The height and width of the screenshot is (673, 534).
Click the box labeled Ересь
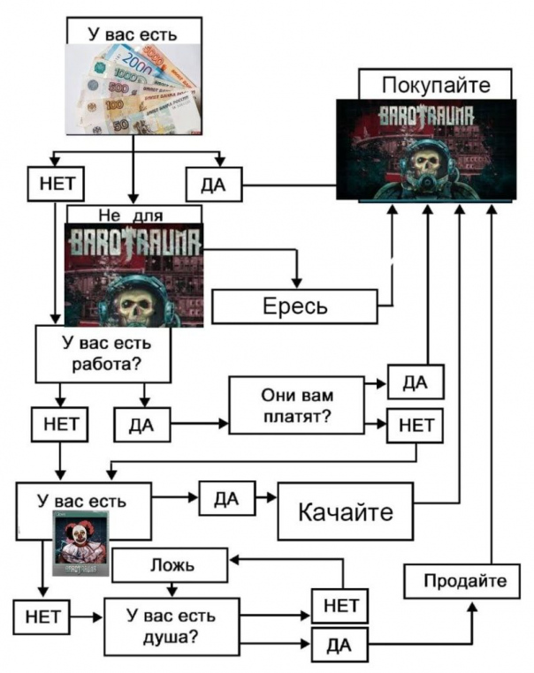pyautogui.click(x=294, y=306)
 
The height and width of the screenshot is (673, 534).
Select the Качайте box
pyautogui.click(x=346, y=510)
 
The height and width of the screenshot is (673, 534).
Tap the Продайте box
pyautogui.click(x=462, y=581)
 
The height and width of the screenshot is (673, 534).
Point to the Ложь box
pyautogui.click(x=170, y=565)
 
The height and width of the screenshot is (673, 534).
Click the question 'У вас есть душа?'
pyautogui.click(x=172, y=627)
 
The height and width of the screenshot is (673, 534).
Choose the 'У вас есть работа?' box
pyautogui.click(x=103, y=353)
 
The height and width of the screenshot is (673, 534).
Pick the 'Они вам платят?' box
pyautogui.click(x=296, y=405)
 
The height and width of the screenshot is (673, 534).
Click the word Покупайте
pyautogui.click(x=436, y=85)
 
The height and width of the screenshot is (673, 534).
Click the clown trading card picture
pyautogui.click(x=80, y=543)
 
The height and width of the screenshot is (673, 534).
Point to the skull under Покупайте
pyautogui.click(x=426, y=163)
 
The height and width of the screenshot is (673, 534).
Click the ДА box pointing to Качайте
pyautogui.click(x=227, y=498)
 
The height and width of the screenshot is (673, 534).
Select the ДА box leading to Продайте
pyautogui.click(x=339, y=645)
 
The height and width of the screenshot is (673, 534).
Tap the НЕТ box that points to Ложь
pyautogui.click(x=339, y=606)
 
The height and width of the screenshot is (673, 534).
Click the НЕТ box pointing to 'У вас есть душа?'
pyautogui.click(x=42, y=617)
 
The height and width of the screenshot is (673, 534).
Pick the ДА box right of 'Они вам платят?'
pyautogui.click(x=416, y=382)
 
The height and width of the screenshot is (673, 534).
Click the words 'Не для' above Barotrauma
pyautogui.click(x=131, y=215)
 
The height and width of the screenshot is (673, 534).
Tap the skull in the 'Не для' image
pyautogui.click(x=137, y=306)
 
